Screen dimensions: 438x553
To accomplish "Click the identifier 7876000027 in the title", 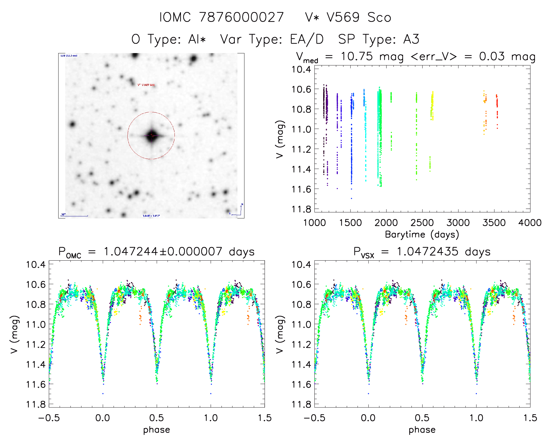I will pyautogui.click(x=241, y=17).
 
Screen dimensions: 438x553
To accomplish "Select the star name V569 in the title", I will pyautogui.click(x=343, y=17).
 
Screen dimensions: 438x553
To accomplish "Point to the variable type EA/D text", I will pyautogui.click(x=307, y=39).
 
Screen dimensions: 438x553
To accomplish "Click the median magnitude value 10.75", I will pyautogui.click(x=357, y=56).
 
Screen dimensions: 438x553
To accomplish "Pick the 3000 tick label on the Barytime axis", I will pyautogui.click(x=458, y=223).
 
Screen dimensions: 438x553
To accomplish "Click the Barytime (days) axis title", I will pyautogui.click(x=422, y=235).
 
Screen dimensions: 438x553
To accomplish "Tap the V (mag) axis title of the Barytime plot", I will pyautogui.click(x=280, y=139).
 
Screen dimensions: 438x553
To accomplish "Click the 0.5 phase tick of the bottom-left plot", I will pyautogui.click(x=157, y=418).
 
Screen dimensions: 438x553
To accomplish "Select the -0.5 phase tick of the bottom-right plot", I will pyautogui.click(x=314, y=418).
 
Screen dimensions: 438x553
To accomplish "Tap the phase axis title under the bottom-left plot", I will pyautogui.click(x=157, y=430).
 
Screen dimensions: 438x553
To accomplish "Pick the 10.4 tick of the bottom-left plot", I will pyautogui.click(x=36, y=264).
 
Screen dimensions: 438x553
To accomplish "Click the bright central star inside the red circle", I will pyautogui.click(x=151, y=135).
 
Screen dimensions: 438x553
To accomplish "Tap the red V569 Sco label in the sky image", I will pyautogui.click(x=146, y=85).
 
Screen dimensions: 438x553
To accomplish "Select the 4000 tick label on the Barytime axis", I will pyautogui.click(x=530, y=223).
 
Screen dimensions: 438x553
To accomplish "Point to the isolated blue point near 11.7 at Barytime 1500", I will pyautogui.click(x=352, y=198).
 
